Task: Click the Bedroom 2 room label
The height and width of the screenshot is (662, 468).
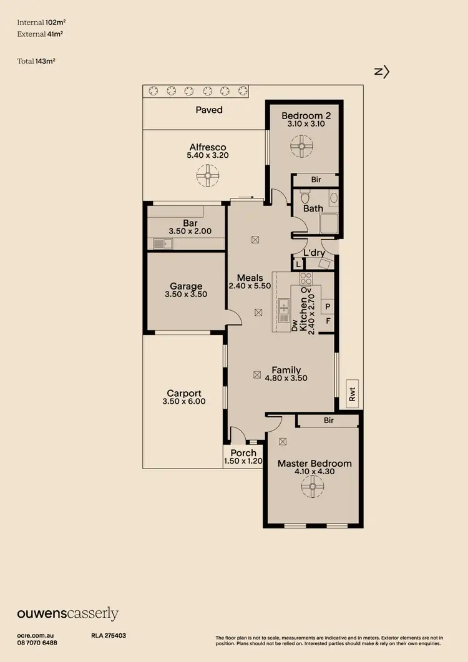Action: tap(306, 115)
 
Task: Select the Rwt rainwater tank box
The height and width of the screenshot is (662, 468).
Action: tap(352, 394)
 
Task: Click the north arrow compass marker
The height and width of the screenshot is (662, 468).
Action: tap(381, 72)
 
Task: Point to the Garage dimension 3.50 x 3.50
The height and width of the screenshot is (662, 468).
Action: tap(186, 294)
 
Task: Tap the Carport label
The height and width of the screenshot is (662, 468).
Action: tap(184, 393)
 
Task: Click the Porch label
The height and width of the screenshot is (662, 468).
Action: tap(243, 453)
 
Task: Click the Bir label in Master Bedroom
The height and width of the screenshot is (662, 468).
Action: tap(329, 421)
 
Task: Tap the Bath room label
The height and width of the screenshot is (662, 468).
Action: tap(313, 208)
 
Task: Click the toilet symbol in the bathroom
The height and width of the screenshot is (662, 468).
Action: tap(333, 198)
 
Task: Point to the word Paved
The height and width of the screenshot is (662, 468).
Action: tap(209, 110)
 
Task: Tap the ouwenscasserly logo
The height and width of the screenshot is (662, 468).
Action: tap(68, 614)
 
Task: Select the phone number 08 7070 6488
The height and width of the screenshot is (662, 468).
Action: tap(37, 643)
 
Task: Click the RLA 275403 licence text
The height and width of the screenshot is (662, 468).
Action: tap(109, 635)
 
